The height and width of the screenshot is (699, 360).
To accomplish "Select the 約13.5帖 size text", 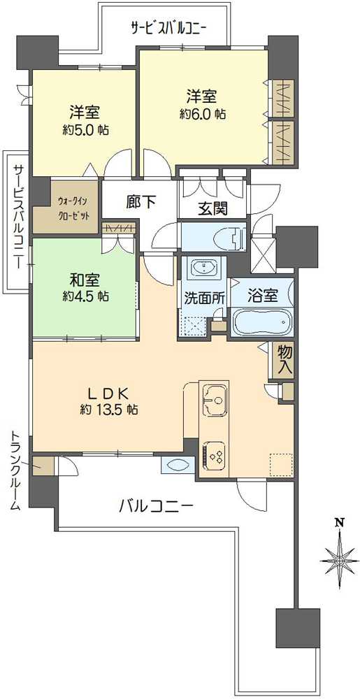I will pos(107,410).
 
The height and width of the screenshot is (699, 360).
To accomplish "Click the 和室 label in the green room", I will pos(83,280).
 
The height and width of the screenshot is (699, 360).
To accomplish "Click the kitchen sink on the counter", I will pos(215,401).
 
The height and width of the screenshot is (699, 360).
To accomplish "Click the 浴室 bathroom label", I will pos(264,295).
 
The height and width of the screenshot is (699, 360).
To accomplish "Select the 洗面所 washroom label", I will pos(204,296).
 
